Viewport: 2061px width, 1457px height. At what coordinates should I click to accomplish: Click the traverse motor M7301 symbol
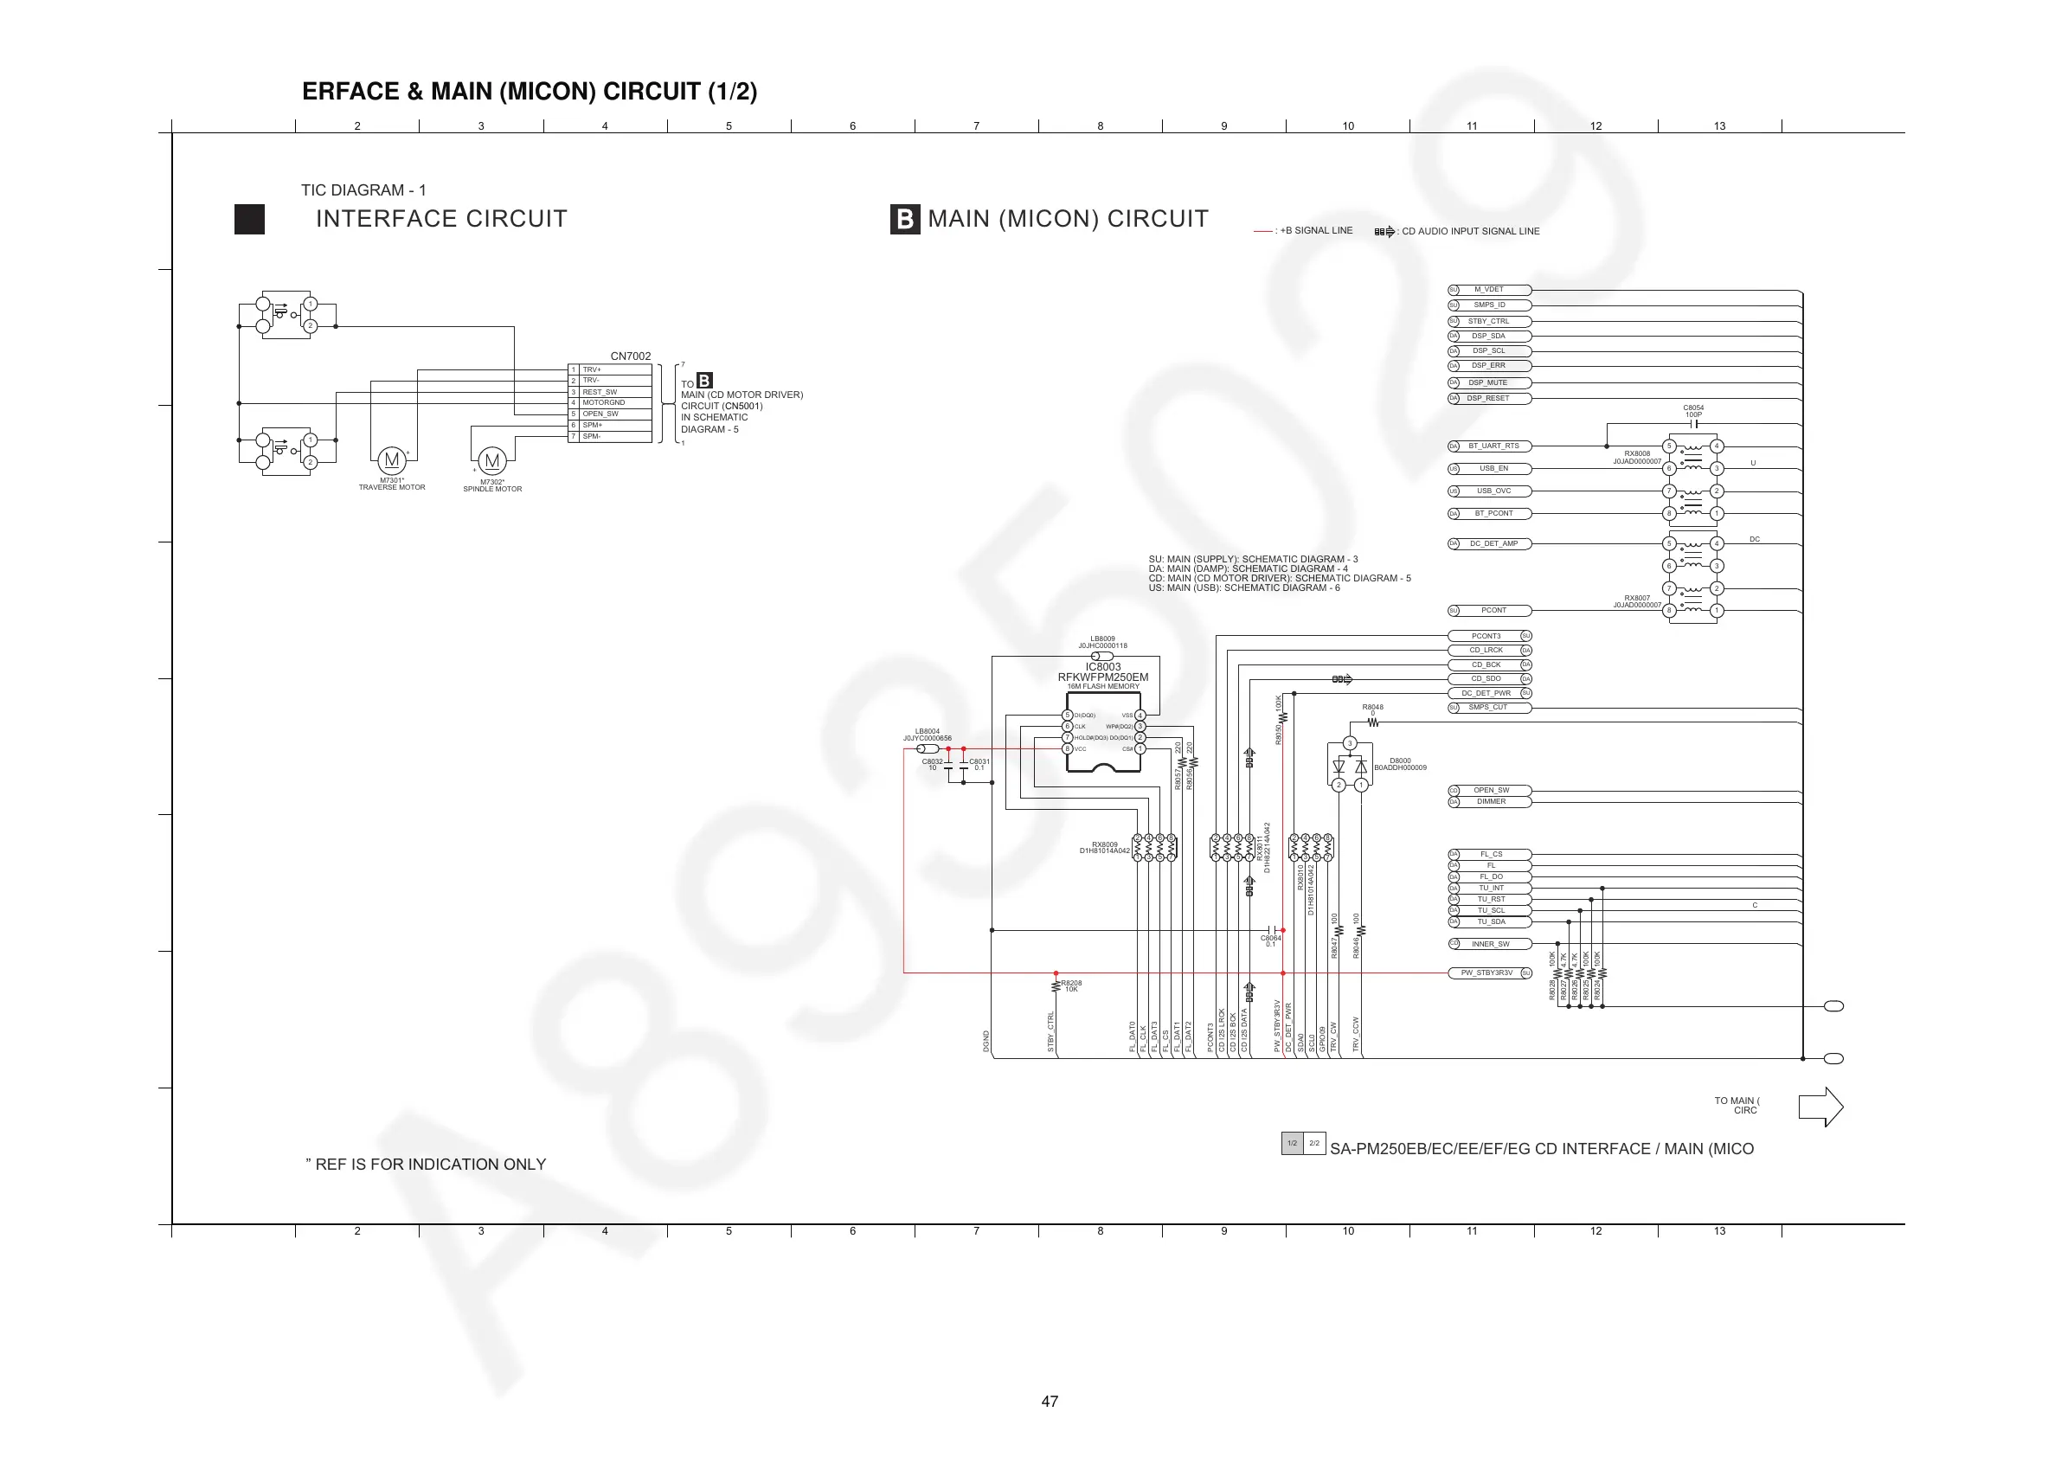tap(391, 460)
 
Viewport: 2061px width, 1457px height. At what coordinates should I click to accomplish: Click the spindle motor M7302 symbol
tap(492, 461)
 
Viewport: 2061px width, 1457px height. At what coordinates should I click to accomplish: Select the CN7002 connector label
tap(630, 356)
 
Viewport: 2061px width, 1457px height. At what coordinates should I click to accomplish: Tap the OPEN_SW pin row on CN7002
tap(610, 414)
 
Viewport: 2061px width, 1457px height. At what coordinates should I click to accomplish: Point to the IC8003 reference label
tap(1102, 667)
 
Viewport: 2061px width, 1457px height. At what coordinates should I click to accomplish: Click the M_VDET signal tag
tap(1489, 290)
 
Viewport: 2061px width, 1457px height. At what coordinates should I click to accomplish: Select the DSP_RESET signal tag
tap(1489, 399)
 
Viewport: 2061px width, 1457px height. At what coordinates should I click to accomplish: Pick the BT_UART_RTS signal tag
tap(1493, 446)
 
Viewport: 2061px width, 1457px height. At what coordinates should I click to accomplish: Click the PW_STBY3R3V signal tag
tap(1487, 973)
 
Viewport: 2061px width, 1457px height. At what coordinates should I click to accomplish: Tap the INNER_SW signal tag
tap(1490, 945)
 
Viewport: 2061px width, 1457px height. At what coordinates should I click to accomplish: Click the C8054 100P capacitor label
tap(1693, 411)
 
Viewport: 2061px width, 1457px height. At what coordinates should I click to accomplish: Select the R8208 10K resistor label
tap(1071, 985)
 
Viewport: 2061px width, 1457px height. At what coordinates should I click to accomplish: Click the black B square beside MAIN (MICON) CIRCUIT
tap(905, 219)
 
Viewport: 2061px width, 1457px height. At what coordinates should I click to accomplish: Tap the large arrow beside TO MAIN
tap(1820, 1107)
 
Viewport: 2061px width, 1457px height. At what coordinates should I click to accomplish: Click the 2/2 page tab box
tap(1314, 1143)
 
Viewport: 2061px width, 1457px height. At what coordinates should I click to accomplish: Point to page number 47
tap(1050, 1402)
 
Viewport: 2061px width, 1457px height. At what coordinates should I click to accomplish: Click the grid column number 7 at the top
tap(977, 126)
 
